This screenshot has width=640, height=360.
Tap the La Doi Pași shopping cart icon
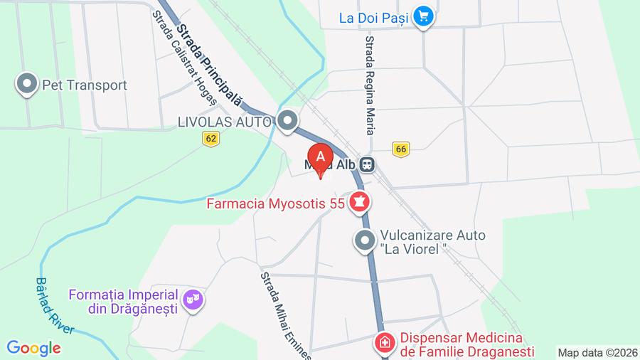[x=425, y=15]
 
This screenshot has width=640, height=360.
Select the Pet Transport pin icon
[x=27, y=85]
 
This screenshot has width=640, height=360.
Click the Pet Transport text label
[x=85, y=85]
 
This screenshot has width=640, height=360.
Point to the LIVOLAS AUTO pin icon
[x=288, y=121]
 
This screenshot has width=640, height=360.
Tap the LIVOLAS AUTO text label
[x=224, y=122]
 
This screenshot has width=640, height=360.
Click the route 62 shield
[x=210, y=139]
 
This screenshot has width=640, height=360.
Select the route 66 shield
[x=401, y=148]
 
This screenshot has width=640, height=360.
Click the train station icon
[x=367, y=164]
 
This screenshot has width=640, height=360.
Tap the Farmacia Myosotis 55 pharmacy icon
[x=360, y=203]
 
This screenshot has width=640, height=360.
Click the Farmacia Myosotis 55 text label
[x=276, y=204]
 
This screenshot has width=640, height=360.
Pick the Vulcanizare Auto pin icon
[x=365, y=241]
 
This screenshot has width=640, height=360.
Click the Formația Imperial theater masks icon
[x=193, y=300]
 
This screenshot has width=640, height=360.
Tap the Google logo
[x=33, y=348]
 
